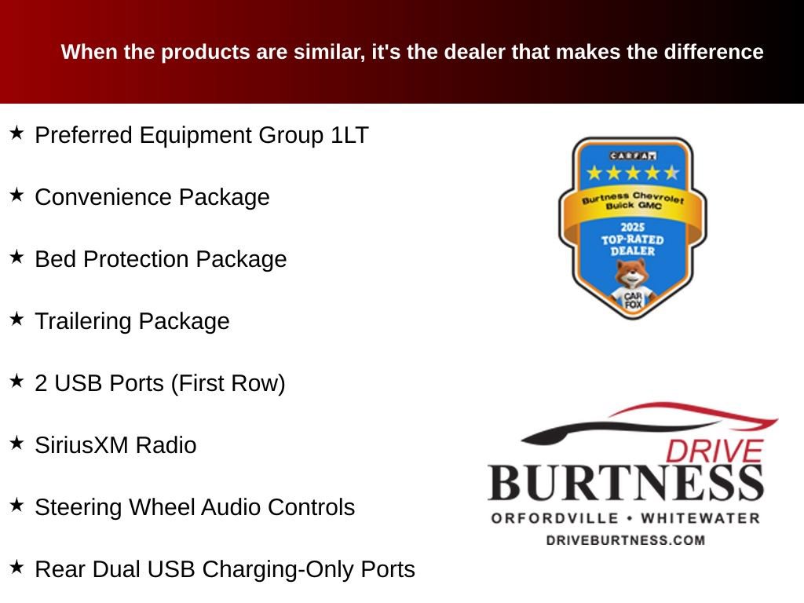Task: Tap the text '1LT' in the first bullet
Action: tap(349, 135)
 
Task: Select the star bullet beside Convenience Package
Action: tap(16, 195)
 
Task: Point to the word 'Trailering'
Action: tap(84, 321)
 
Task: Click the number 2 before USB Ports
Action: tap(41, 383)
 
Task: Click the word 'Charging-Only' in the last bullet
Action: tap(287, 569)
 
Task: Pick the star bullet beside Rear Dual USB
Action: tap(16, 567)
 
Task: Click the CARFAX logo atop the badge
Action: tap(632, 155)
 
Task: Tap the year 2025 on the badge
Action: tap(632, 228)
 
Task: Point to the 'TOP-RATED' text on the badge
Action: tap(632, 239)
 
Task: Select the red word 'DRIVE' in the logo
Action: tap(714, 451)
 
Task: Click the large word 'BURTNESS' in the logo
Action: tap(626, 482)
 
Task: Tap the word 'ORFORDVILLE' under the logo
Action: tap(552, 518)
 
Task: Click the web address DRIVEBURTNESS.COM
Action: tap(625, 540)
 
